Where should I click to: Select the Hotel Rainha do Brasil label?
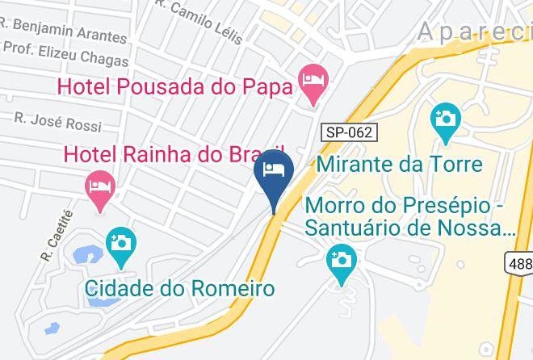174,153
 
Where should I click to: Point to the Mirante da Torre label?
399,165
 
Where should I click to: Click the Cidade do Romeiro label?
181,288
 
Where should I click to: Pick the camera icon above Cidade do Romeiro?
121,243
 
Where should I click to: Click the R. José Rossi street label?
58,122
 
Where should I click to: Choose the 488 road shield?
519,263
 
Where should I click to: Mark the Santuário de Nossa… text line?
410,228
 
